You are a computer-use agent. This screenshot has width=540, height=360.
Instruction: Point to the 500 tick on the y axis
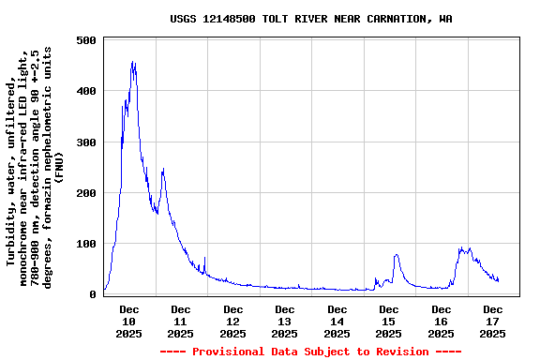86,41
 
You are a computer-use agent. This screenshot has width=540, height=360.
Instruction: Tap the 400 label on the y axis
86,92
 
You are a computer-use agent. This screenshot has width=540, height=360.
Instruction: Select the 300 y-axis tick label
86,142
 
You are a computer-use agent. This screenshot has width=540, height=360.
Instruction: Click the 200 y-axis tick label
86,193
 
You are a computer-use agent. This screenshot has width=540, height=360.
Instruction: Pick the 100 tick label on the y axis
86,244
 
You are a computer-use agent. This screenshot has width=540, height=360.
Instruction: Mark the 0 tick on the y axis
93,294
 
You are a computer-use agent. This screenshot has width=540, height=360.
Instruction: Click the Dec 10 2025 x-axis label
128,321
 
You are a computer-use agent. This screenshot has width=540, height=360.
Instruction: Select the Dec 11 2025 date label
180,321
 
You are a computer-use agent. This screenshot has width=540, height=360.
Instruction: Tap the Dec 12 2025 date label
232,321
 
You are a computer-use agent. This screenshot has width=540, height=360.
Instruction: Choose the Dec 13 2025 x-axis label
284,321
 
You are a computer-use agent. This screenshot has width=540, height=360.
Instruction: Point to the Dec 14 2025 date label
337,321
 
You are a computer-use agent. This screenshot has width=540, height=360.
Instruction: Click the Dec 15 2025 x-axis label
388,321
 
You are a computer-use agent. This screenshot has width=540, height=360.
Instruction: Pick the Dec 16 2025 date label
441,321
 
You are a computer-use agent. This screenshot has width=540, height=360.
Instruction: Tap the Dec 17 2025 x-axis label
492,321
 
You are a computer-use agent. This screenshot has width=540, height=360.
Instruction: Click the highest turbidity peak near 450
133,63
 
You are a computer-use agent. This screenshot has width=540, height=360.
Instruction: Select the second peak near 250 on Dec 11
163,170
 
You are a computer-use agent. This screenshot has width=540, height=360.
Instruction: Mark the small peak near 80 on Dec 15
397,255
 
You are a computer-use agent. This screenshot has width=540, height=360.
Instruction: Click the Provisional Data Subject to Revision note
310,352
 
